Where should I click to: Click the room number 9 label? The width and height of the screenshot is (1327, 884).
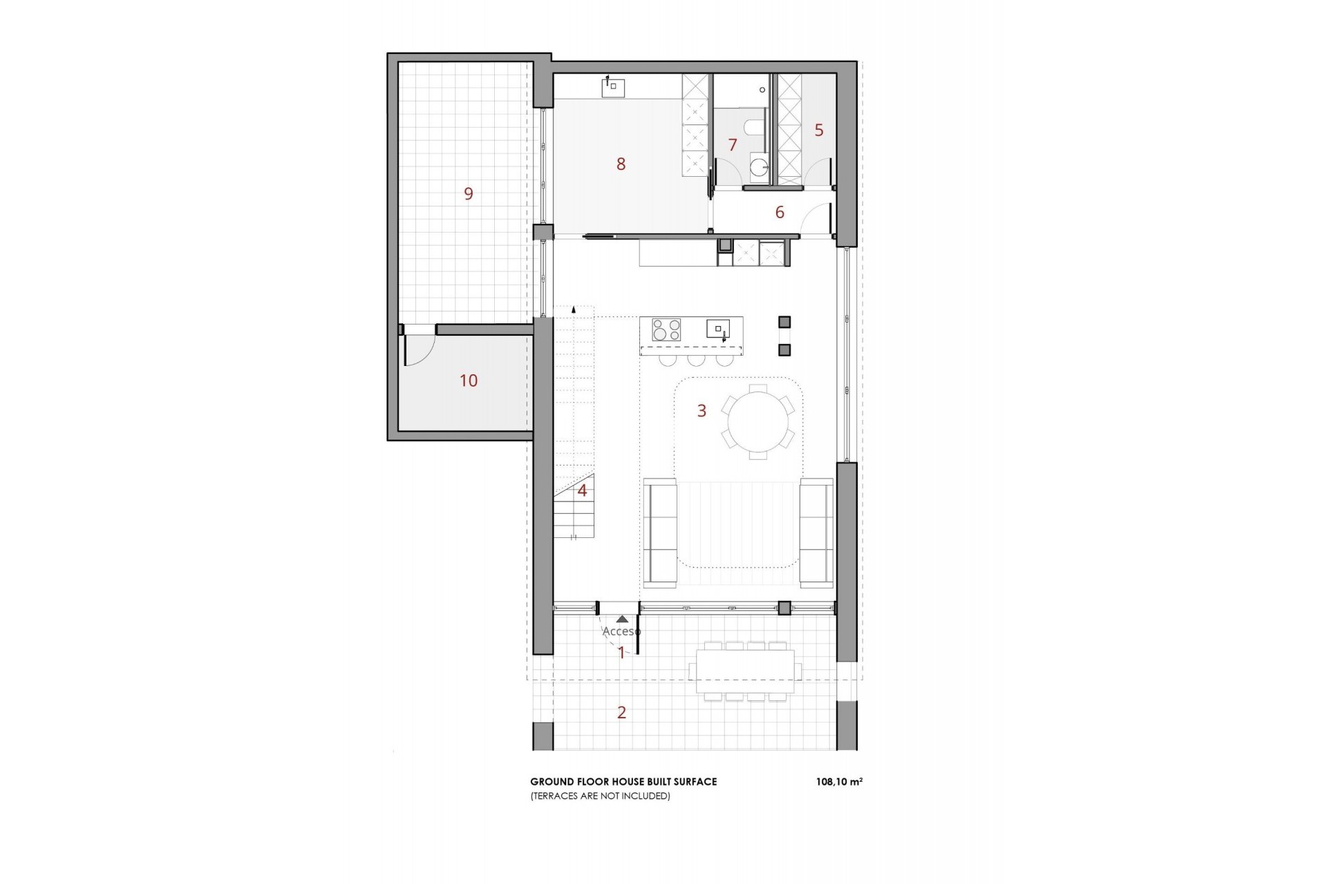[x=469, y=194]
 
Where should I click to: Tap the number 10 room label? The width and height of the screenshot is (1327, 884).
[x=469, y=381]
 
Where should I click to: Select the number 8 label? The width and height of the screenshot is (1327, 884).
[x=621, y=164]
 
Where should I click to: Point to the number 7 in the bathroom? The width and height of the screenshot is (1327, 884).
[x=733, y=145]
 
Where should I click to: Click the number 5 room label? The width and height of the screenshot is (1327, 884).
[x=819, y=131]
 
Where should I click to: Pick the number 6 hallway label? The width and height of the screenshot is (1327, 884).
[x=780, y=213]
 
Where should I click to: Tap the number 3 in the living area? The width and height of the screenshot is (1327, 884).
[x=702, y=411]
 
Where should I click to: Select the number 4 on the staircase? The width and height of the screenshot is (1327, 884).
[x=582, y=491]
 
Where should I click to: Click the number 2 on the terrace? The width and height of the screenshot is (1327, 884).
[x=621, y=713]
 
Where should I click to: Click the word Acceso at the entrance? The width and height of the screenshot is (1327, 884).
[x=621, y=631]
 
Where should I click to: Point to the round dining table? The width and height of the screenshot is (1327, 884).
[x=758, y=422]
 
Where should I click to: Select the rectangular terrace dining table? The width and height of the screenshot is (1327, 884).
[x=745, y=671]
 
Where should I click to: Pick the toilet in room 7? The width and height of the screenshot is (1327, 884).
[x=754, y=128]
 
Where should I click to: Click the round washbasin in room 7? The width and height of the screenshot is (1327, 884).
[x=760, y=166]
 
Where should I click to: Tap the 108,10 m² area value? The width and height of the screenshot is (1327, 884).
[x=839, y=782]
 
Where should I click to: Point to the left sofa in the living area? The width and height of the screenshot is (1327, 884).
[x=660, y=532]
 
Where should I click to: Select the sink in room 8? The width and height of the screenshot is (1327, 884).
[x=613, y=88]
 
